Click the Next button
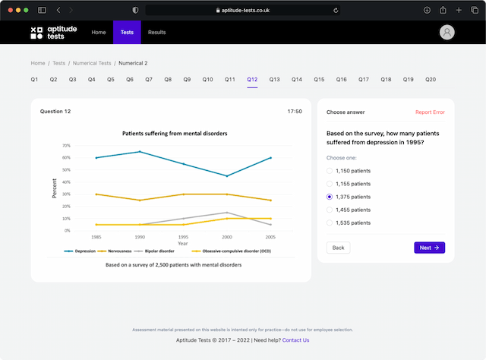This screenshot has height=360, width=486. (430, 248)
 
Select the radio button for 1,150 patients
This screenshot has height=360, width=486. (330, 171)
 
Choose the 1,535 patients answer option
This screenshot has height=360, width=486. (330, 223)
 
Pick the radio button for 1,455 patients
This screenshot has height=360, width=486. (330, 210)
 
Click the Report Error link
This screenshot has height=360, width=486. (430, 112)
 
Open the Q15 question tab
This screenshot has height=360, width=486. (319, 79)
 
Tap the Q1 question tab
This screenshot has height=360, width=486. (35, 79)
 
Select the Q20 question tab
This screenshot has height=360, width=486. (431, 79)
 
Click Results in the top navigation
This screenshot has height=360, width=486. (157, 33)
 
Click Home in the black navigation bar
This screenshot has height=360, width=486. (99, 33)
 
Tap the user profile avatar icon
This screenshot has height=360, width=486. (447, 33)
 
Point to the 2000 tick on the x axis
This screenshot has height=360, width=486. (226, 238)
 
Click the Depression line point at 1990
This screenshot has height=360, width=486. (140, 152)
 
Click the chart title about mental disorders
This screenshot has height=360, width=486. (175, 134)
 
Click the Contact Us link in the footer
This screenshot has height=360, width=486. (295, 339)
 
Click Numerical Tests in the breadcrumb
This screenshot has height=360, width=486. (92, 63)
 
